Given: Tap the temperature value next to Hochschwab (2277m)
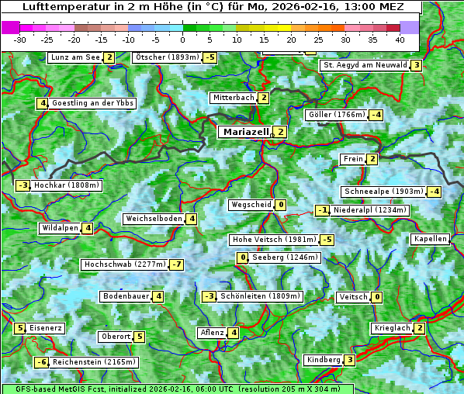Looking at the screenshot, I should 178,264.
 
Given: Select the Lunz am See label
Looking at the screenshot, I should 75,57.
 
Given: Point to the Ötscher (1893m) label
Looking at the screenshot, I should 167,57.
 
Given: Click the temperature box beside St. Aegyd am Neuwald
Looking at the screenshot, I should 417,65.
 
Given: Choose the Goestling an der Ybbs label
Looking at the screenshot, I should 93,103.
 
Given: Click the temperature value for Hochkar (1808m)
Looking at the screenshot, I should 23,185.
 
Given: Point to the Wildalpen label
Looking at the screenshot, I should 61,228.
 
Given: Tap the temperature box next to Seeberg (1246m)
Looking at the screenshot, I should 243,257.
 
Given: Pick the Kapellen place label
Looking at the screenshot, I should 431,239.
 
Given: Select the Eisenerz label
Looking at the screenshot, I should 46,328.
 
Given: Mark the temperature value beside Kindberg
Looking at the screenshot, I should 350,360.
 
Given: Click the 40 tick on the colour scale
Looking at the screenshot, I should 400,39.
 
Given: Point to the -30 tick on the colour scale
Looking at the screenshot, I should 20,39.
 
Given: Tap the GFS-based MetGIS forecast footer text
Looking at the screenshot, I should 177,389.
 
